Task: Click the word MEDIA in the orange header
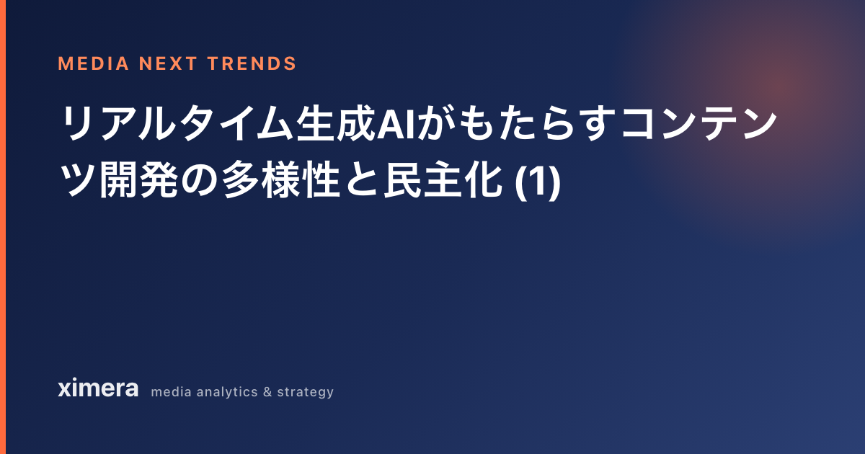tap(94, 63)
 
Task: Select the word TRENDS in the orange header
tap(252, 63)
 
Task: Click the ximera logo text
tap(98, 388)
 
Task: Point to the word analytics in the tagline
tap(227, 392)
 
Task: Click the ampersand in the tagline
tap(267, 392)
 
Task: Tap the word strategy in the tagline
tap(305, 393)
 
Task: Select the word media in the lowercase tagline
tap(171, 392)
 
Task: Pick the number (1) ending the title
tap(538, 182)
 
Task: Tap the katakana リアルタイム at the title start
tap(177, 123)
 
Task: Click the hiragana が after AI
tap(436, 123)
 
